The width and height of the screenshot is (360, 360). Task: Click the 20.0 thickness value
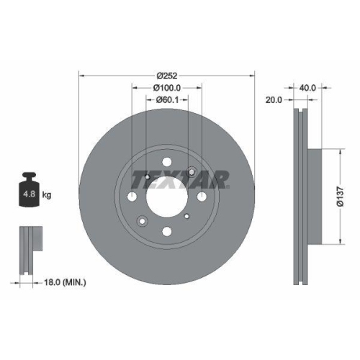273,100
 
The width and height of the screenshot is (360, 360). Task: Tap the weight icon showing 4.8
30,192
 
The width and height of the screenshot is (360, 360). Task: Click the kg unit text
47,195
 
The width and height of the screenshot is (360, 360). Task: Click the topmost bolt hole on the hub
167,162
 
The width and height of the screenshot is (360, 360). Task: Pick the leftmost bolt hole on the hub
133,196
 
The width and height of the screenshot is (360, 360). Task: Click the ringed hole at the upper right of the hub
192,171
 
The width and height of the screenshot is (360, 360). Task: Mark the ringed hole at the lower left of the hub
143,220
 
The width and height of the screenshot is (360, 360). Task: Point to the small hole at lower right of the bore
187,215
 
